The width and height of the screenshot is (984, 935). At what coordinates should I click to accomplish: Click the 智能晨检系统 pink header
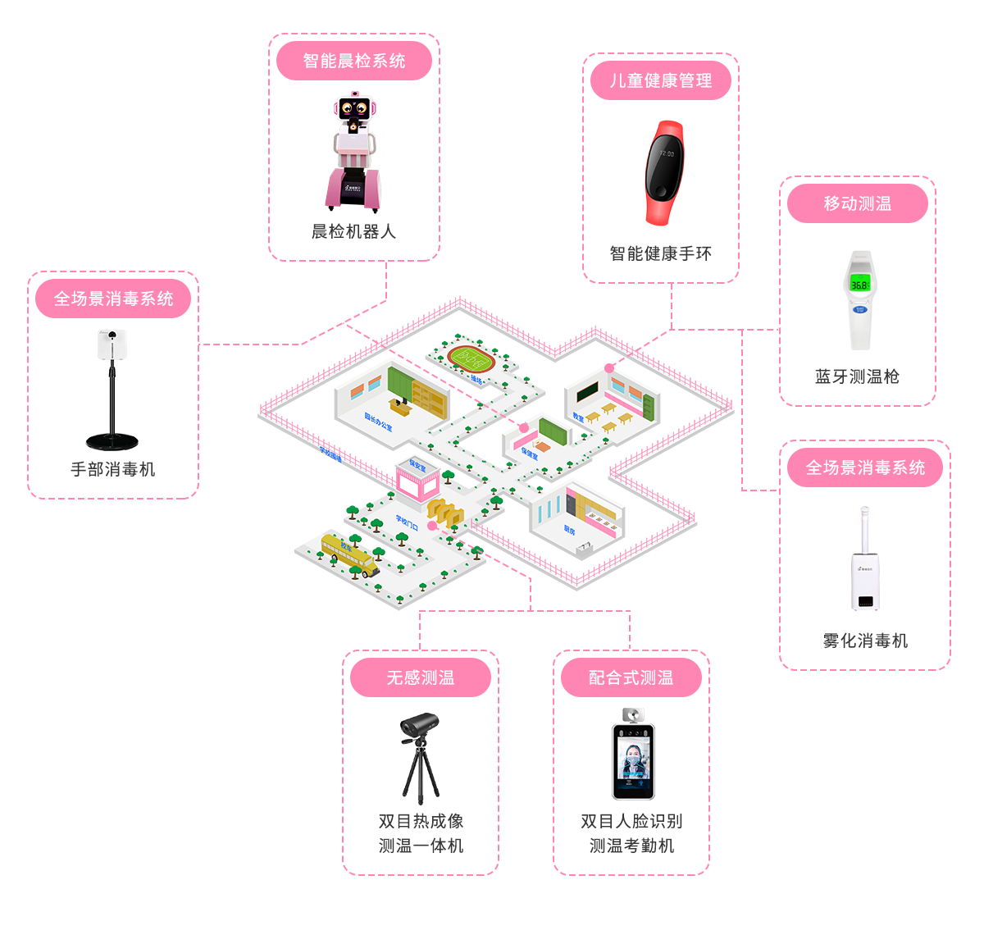tap(354, 62)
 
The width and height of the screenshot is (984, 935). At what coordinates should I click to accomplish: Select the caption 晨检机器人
tap(354, 232)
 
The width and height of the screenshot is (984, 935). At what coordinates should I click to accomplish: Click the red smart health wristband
tap(664, 171)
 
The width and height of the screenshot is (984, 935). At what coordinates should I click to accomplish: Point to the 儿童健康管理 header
tap(661, 81)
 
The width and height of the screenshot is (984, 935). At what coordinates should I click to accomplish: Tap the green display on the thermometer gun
tap(859, 285)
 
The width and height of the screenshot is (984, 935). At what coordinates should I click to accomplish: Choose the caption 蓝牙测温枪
tap(857, 376)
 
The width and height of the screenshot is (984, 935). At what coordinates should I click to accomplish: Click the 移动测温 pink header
tap(858, 203)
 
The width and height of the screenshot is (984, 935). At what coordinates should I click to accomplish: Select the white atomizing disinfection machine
tap(865, 566)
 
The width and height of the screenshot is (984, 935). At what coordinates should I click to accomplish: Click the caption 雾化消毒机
tap(865, 641)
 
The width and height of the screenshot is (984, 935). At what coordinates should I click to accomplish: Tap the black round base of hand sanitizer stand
tap(112, 441)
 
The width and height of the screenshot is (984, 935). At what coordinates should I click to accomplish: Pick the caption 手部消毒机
tap(113, 470)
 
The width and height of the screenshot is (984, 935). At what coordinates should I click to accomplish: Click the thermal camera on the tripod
tap(420, 726)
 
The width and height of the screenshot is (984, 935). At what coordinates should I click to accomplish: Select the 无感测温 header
tap(421, 678)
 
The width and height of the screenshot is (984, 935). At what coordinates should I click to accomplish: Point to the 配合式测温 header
tap(631, 678)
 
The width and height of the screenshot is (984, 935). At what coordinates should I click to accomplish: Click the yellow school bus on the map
tap(348, 554)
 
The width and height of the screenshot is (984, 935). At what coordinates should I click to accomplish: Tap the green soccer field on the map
tap(470, 358)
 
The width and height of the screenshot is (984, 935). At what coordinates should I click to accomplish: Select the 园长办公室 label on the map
tap(378, 422)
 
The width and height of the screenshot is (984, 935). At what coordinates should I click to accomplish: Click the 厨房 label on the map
tap(569, 531)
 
